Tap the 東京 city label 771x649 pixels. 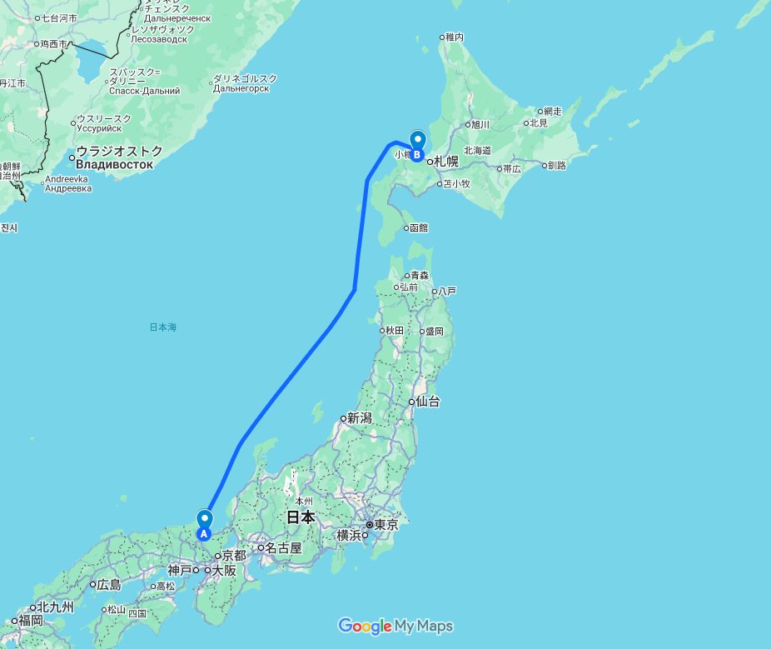[x=386, y=526]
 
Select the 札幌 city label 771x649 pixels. [x=446, y=162]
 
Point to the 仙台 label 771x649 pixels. [x=428, y=402]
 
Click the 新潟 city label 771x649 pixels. [x=359, y=418]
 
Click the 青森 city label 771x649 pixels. [x=417, y=276]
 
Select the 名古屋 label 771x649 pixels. [x=283, y=548]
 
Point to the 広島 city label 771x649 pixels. [x=108, y=585]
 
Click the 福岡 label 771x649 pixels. [x=31, y=621]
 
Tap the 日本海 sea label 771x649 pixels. [x=163, y=327]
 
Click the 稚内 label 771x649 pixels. [x=454, y=37]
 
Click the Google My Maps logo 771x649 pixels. [x=395, y=627]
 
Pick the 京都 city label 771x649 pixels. [x=234, y=556]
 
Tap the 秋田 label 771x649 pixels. [x=393, y=331]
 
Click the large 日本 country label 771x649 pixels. [x=301, y=517]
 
